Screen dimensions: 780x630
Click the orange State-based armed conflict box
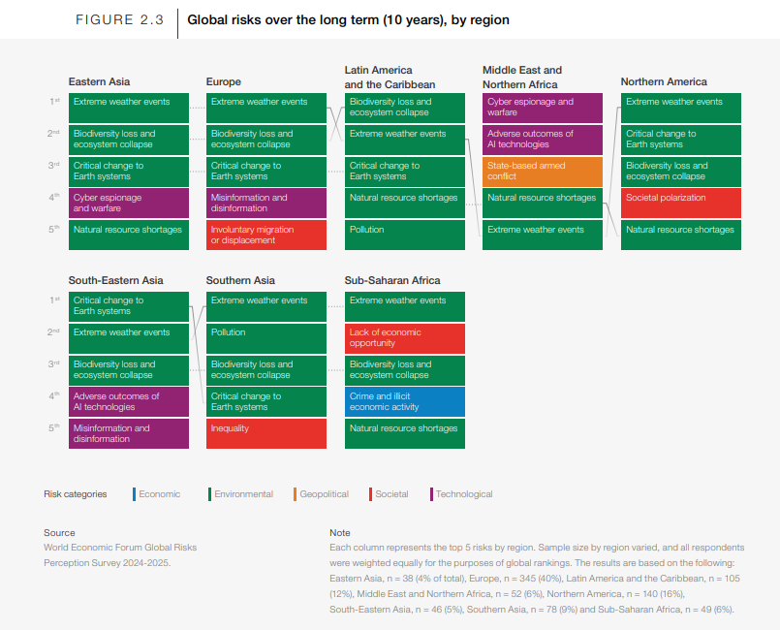click(x=543, y=172)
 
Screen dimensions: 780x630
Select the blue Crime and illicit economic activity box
click(x=404, y=401)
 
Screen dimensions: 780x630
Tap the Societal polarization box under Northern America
click(x=680, y=203)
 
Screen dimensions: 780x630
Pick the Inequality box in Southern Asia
click(x=266, y=433)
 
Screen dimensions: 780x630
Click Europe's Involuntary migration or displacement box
click(x=266, y=235)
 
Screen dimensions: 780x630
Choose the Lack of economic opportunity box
click(x=404, y=338)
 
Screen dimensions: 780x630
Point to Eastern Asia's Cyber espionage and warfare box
click(x=128, y=203)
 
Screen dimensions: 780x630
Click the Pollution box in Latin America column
click(x=404, y=235)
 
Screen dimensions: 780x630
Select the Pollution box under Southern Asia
click(x=266, y=338)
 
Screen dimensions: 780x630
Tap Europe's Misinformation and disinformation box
click(x=266, y=203)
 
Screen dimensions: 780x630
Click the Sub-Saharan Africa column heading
click(x=392, y=280)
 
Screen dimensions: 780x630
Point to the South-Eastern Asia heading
click(x=115, y=280)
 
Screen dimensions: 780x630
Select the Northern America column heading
click(x=664, y=81)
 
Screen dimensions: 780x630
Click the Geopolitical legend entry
click(x=322, y=494)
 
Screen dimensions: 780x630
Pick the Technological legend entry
click(x=461, y=494)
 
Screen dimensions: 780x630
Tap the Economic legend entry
click(x=157, y=494)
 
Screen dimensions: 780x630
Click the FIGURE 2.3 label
click(x=119, y=20)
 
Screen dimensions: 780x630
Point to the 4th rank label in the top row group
click(x=53, y=198)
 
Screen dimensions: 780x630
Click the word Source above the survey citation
click(x=59, y=532)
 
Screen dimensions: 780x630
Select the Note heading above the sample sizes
click(x=340, y=532)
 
